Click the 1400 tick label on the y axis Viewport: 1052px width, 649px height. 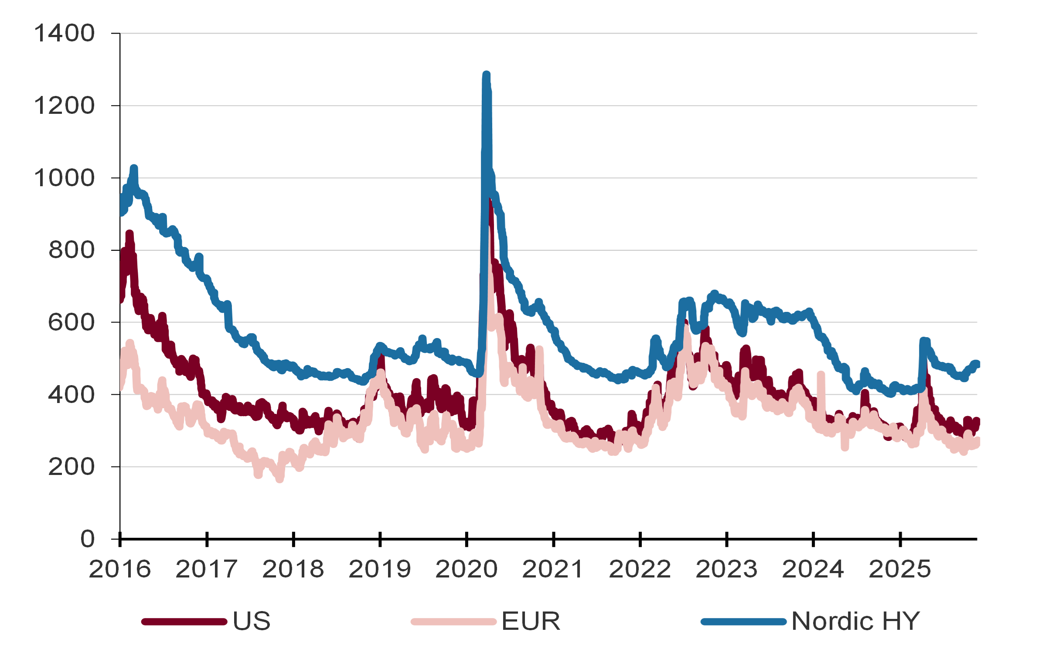point(64,34)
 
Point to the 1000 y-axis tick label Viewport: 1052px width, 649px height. point(64,178)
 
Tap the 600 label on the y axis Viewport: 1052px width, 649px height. point(71,323)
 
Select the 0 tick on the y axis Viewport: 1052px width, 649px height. point(88,539)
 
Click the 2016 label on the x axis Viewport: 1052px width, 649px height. point(120,569)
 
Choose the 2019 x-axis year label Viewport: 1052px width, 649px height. point(380,569)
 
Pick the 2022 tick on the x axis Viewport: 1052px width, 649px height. point(640,569)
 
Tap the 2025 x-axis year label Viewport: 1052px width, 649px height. point(900,569)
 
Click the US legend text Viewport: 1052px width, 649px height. point(252,621)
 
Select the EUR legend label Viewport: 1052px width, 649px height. point(531,621)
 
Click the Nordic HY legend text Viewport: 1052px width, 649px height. point(855,621)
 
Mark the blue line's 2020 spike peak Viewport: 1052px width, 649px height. point(487,75)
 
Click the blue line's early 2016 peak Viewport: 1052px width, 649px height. point(134,168)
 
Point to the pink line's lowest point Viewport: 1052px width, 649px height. point(280,479)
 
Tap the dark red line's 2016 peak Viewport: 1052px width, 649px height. point(129,233)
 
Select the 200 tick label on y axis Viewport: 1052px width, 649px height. point(71,467)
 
